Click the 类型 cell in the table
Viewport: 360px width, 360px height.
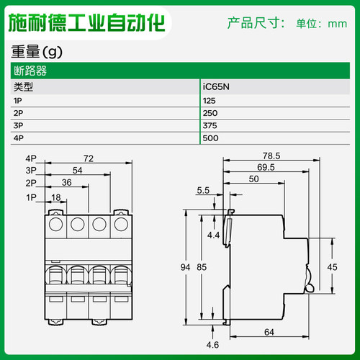point(24,87)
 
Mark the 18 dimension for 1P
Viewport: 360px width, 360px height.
point(56,196)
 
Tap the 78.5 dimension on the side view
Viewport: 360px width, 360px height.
point(271,156)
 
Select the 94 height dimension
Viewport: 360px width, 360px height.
point(185,266)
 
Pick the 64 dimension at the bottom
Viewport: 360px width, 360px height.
point(268,332)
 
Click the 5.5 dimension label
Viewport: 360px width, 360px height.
point(204,191)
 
